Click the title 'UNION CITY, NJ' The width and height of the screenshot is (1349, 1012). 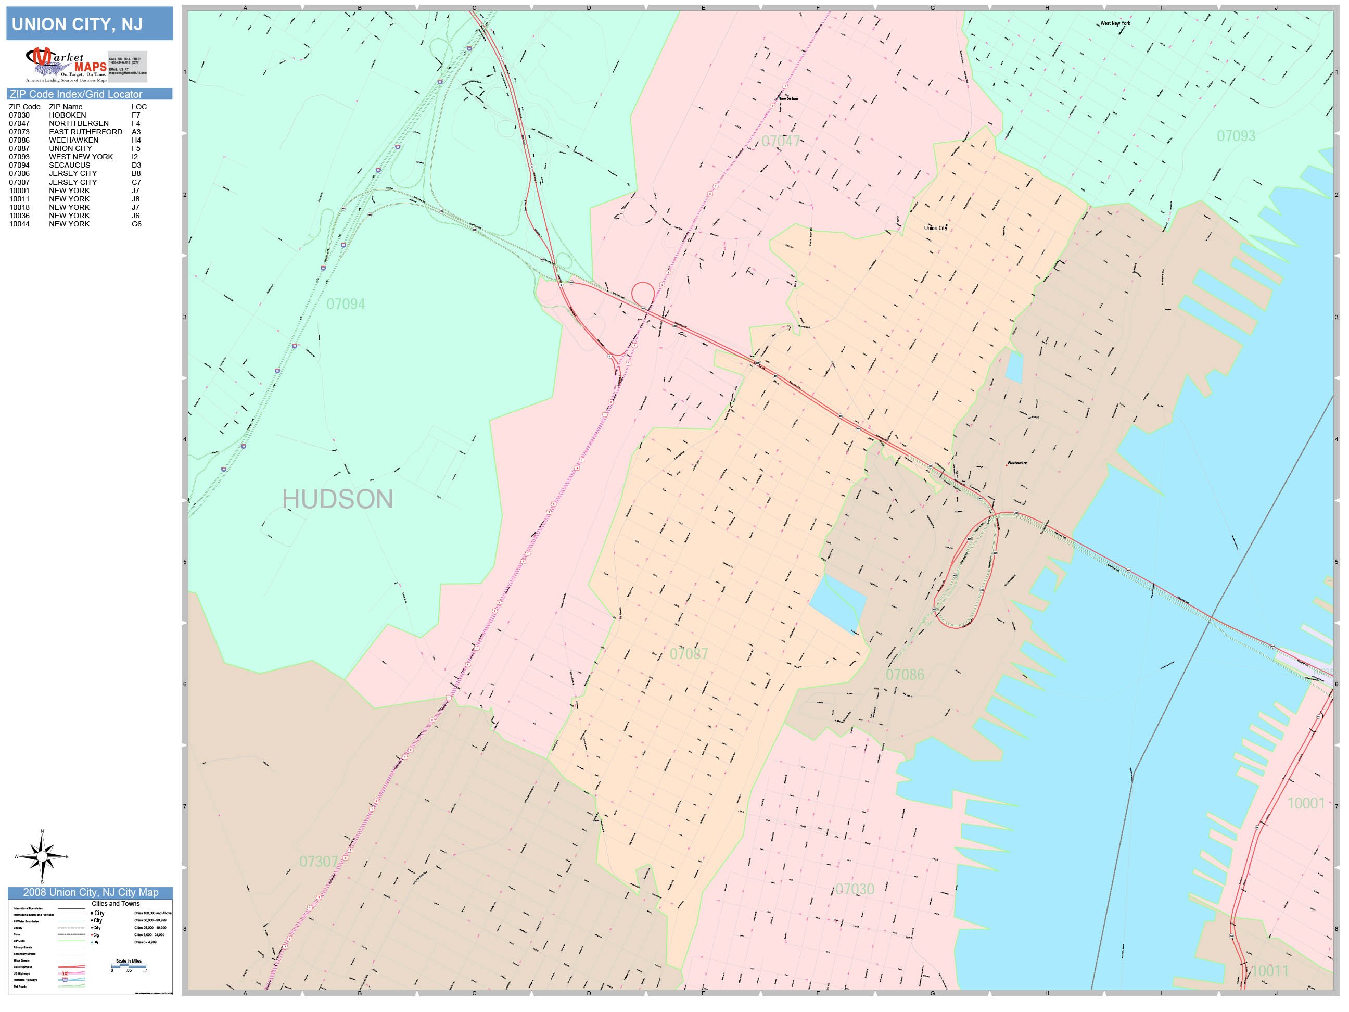point(78,24)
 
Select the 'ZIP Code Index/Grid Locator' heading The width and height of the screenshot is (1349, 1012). point(75,94)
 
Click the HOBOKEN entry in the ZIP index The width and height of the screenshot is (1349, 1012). point(67,115)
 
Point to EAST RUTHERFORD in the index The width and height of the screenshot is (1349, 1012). point(85,132)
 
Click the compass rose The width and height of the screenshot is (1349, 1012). point(42,856)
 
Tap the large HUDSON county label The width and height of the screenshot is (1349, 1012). point(337,500)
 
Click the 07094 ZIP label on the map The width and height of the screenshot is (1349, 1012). point(345,304)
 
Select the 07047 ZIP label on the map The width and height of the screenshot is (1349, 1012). point(781,142)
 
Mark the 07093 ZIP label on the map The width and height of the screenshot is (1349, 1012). point(1236,136)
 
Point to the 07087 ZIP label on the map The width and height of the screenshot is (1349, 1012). point(689,654)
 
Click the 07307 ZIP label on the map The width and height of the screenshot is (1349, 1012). point(319,862)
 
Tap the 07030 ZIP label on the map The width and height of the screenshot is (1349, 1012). point(855,889)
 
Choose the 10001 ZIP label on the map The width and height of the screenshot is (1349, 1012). point(1306,803)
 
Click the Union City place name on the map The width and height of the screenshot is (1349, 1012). point(936,228)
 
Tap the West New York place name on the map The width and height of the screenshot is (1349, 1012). point(1115,24)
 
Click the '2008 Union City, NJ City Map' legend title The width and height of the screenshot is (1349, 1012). point(90,892)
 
